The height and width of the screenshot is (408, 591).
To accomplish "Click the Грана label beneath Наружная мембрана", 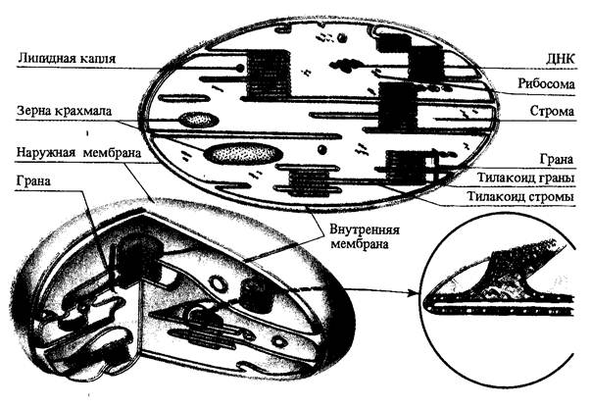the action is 35,180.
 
